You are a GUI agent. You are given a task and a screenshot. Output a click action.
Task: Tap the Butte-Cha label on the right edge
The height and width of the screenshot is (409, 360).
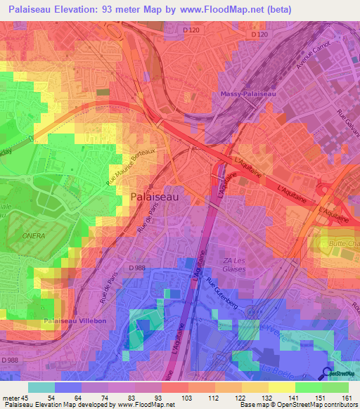tap(344, 242)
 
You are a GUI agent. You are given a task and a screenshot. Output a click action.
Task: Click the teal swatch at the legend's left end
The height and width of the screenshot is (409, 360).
tap(41, 387)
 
